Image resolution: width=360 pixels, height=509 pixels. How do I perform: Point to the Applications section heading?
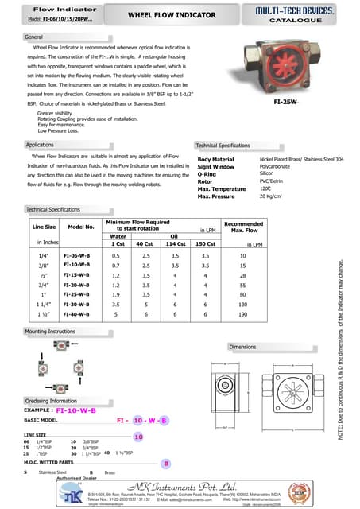(40, 145)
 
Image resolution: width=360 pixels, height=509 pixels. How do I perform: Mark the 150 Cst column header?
(205, 243)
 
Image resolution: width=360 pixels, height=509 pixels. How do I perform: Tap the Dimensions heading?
(242, 348)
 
